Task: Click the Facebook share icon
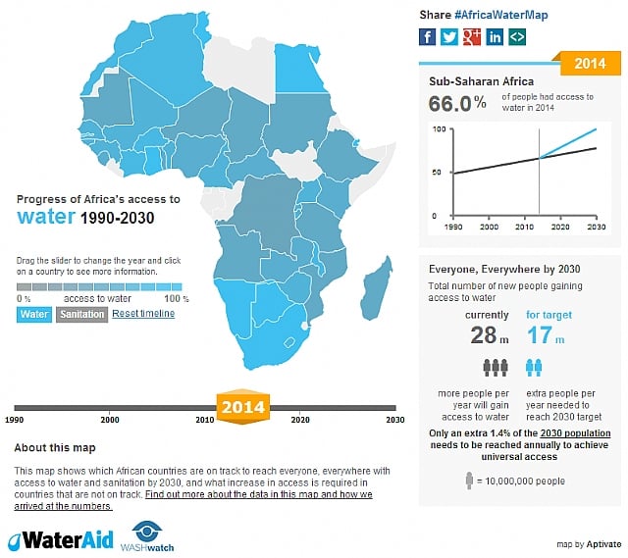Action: [427, 36]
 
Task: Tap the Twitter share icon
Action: [449, 36]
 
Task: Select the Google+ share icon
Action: [472, 36]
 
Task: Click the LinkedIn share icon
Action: [495, 36]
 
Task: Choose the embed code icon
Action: [517, 36]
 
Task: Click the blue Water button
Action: [33, 315]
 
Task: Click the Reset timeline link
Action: [143, 314]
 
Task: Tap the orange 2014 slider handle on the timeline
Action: [241, 407]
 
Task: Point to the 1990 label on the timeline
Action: [15, 420]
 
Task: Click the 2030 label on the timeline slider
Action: [394, 420]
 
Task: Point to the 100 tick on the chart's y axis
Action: [440, 129]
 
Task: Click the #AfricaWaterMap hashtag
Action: [501, 15]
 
